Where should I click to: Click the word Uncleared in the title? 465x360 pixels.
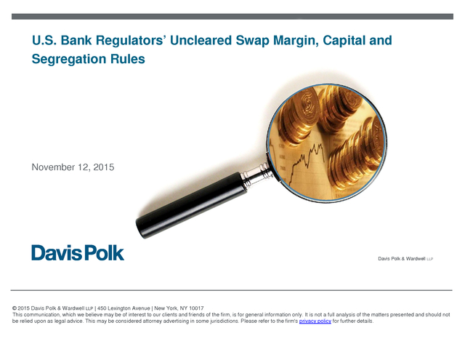pos(201,40)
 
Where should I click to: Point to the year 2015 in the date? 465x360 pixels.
pos(104,167)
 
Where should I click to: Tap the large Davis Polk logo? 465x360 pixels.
pos(78,252)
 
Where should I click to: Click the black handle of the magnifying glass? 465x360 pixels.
pos(191,205)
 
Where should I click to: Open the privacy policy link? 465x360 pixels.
pos(315,321)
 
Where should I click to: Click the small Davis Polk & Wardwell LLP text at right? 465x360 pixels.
pos(405,259)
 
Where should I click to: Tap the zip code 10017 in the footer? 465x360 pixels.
pos(196,308)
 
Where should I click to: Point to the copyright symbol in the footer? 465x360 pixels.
pos(15,308)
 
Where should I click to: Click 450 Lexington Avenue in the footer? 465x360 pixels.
pos(124,308)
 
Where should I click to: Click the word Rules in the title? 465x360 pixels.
pos(128,59)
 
